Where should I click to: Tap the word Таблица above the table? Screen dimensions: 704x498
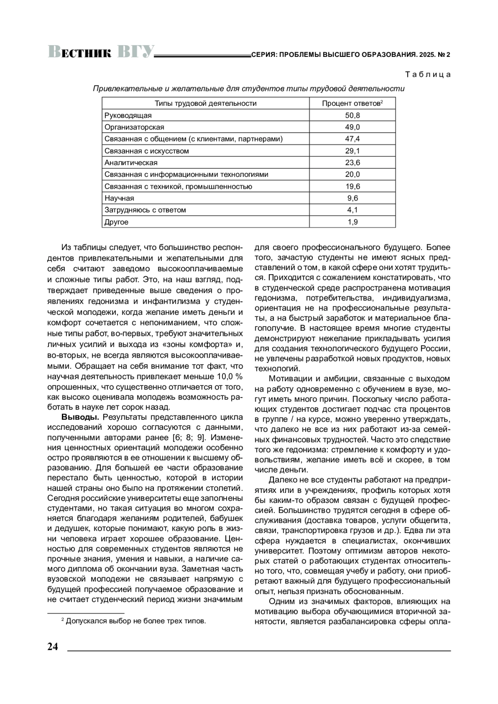click(x=427, y=75)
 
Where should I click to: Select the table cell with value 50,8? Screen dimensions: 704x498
click(x=352, y=115)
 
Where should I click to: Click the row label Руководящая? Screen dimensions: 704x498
click(x=128, y=115)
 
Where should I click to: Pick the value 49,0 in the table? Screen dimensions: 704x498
click(x=352, y=127)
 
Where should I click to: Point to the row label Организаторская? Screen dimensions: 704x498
click(x=134, y=127)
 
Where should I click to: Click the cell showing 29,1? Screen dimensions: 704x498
click(x=352, y=151)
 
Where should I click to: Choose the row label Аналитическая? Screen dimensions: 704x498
click(x=131, y=163)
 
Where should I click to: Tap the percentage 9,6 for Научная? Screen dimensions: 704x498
click(x=352, y=198)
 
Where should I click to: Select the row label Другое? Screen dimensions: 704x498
click(x=116, y=222)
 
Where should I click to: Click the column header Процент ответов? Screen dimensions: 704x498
click(x=352, y=103)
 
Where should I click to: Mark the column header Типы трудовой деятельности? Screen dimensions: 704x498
click(x=205, y=103)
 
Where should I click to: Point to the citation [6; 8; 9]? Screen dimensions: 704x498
click(x=188, y=437)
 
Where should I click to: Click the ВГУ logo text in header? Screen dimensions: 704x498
click(x=135, y=52)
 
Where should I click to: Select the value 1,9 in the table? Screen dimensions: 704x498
click(x=352, y=222)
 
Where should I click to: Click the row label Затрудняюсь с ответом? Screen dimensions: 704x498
click(x=145, y=210)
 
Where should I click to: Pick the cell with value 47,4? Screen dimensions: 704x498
click(x=352, y=139)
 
